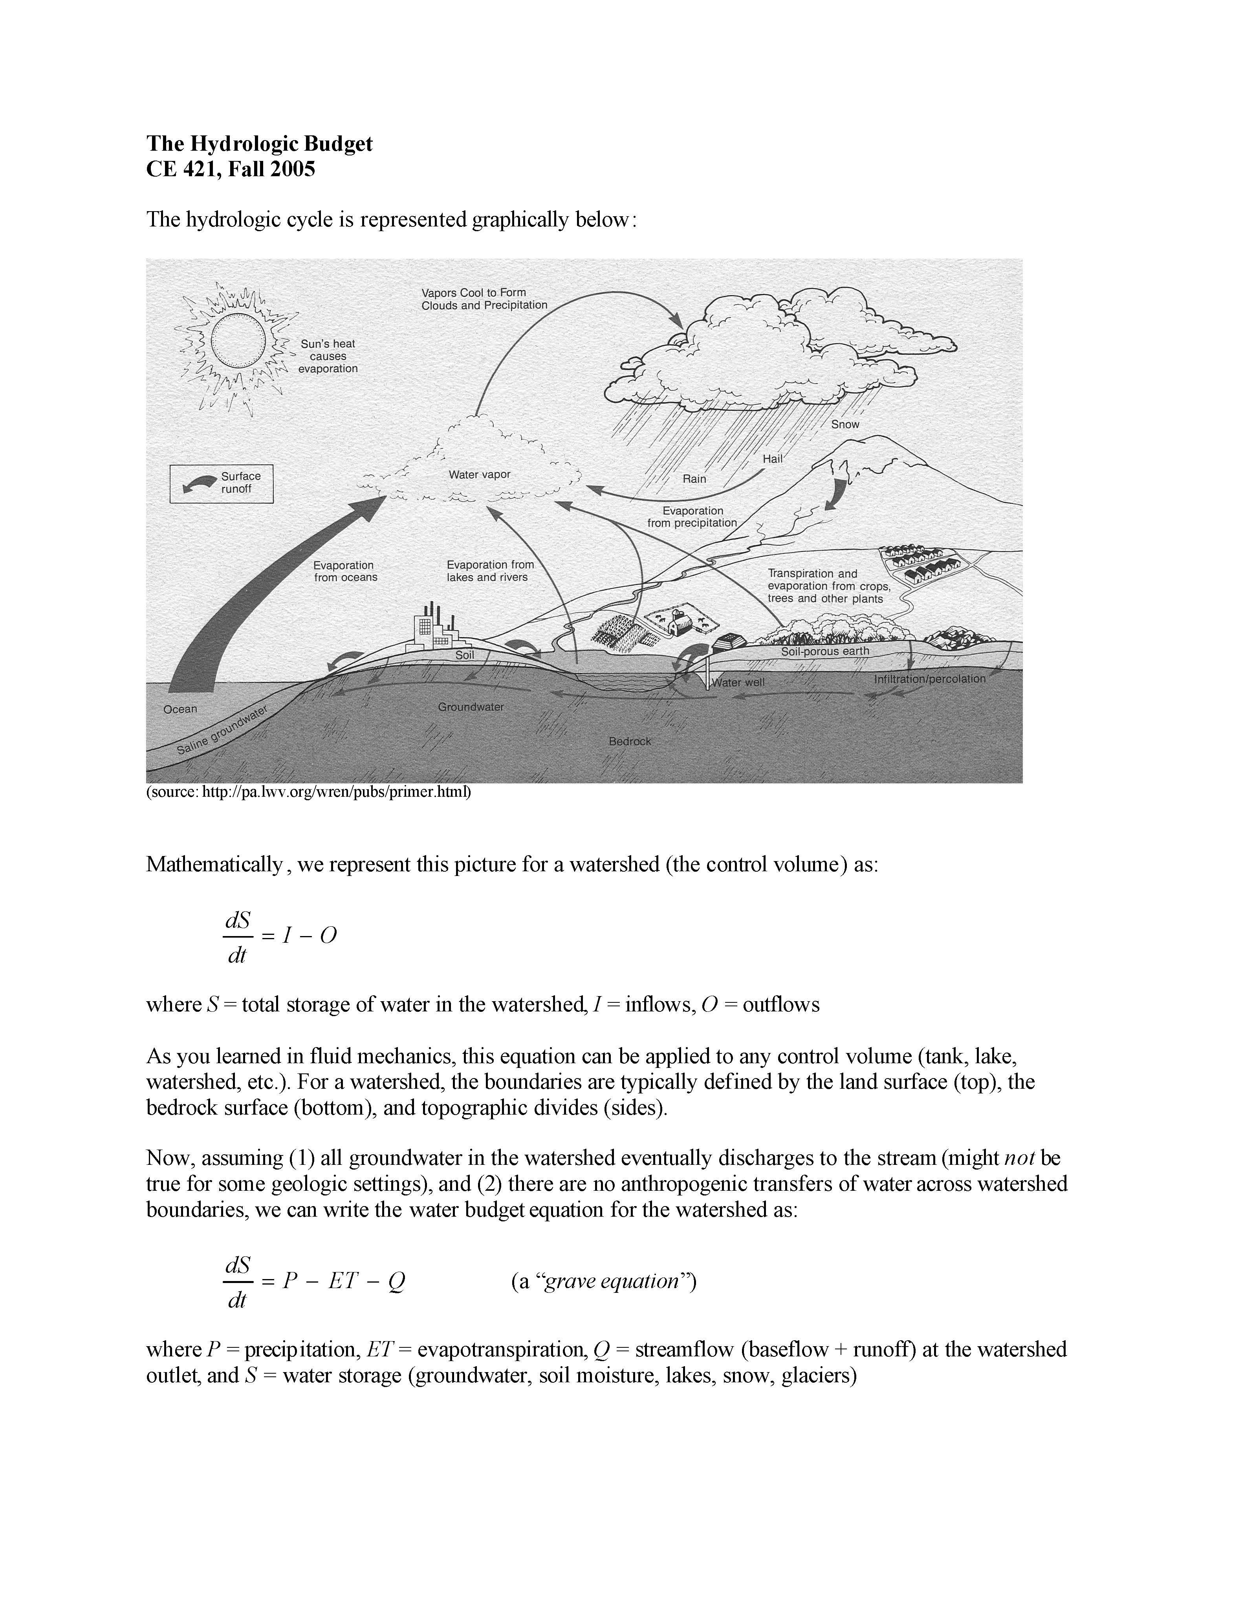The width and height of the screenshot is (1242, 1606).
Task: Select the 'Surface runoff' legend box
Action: coord(221,483)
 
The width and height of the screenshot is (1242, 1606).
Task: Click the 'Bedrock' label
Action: coord(629,741)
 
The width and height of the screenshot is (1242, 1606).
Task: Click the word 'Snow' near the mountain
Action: coord(844,424)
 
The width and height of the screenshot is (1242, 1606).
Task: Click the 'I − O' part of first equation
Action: coord(309,935)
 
